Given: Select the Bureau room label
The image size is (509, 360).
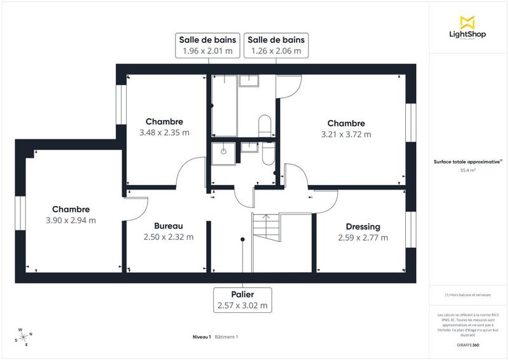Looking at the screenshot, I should [169, 226].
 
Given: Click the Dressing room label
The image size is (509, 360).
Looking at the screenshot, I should [363, 226].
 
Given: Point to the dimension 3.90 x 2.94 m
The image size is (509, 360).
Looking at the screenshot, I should [71, 221].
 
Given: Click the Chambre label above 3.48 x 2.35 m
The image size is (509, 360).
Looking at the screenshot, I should [164, 121].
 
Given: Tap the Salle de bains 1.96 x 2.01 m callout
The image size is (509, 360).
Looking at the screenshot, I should [207, 45].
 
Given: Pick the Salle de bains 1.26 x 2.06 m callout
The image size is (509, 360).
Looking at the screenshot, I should [276, 45].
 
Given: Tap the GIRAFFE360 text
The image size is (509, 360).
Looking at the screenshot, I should [468, 343].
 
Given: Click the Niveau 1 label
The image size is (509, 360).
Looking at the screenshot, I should [202, 336].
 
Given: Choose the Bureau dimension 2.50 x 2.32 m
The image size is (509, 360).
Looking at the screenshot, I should [169, 237].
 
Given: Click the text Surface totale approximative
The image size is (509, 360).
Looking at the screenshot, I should [466, 162].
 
